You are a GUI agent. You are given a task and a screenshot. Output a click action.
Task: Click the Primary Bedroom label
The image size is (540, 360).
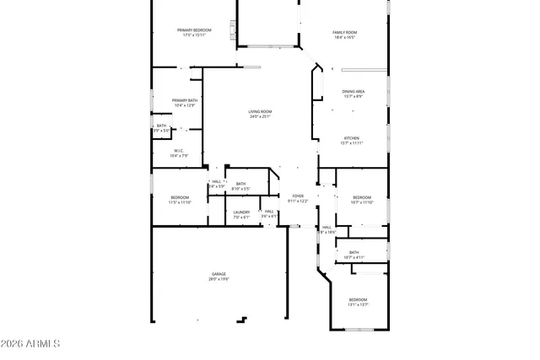point(193,30)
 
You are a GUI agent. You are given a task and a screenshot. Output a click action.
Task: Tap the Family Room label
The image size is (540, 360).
point(343,32)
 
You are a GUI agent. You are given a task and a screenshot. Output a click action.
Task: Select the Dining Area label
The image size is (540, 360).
point(353,91)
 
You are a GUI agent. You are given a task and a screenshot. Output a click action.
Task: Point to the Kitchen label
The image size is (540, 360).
point(352,138)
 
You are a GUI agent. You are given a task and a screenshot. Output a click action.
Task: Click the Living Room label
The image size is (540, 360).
point(260,111)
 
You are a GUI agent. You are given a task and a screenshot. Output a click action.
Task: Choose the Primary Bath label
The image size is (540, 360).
point(185,100)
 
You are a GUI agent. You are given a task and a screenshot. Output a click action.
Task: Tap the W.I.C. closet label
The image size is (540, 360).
point(179,151)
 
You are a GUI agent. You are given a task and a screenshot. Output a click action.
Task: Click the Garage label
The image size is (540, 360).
point(219,274)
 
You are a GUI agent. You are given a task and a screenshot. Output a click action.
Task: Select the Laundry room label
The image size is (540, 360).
point(242,212)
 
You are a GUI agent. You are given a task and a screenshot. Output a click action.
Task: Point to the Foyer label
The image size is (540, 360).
point(298,196)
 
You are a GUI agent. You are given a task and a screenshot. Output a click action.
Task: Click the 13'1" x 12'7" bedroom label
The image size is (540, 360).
point(359,299)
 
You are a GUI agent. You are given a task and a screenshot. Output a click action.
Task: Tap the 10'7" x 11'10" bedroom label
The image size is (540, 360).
point(361,197)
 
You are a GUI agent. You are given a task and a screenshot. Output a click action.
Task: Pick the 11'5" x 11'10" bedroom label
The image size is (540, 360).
point(180,197)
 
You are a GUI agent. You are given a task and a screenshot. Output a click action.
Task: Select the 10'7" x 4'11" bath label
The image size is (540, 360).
point(354,252)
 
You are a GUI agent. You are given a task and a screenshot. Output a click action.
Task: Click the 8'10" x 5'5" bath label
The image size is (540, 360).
point(241,184)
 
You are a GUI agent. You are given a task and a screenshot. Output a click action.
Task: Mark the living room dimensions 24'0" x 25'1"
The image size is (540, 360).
point(260,116)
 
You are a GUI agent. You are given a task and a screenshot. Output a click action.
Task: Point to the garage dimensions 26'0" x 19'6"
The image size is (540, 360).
point(219,279)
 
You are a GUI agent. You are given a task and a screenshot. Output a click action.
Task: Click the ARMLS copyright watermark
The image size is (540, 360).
point(31,344)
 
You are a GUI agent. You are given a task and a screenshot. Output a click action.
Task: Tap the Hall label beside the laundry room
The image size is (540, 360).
point(269,212)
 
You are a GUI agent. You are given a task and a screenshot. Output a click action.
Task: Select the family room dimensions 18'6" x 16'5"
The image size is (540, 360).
point(343,37)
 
